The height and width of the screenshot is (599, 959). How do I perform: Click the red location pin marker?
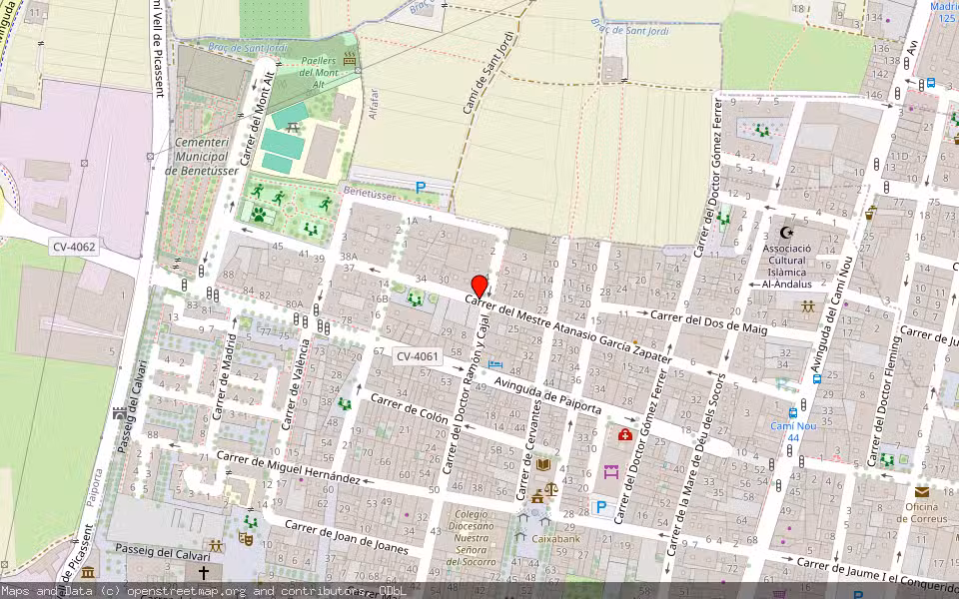click(479, 287)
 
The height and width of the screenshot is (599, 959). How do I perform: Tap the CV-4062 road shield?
click(75, 246)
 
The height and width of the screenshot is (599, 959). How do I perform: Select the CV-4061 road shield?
click(417, 356)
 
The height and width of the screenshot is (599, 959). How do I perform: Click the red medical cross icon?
click(625, 435)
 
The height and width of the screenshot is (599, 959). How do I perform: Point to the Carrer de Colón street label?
click(410, 408)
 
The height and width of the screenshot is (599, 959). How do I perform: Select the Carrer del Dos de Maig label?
click(708, 320)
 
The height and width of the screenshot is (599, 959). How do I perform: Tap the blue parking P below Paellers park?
click(421, 187)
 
